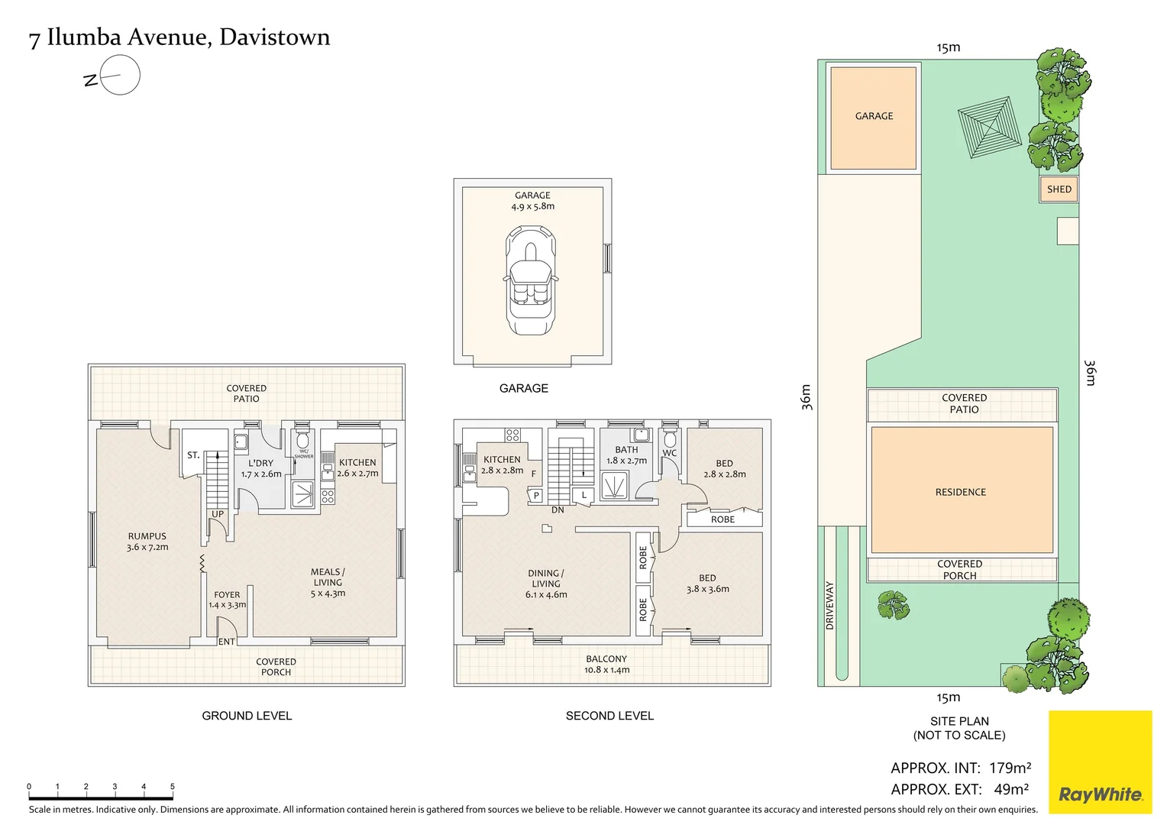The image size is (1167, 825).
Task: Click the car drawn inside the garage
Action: [x=531, y=280]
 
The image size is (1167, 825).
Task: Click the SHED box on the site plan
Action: [x=1059, y=189]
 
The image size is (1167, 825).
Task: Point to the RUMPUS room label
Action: [x=147, y=542]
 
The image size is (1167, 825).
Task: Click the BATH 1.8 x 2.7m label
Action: [x=626, y=455]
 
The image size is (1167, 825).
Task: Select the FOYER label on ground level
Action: [x=227, y=600]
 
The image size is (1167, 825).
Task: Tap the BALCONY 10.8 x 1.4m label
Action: [x=606, y=664]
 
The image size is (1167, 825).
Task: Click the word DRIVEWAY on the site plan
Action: [x=830, y=605]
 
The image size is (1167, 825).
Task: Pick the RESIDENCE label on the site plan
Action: [x=960, y=492]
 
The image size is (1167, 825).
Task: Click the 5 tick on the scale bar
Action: [x=173, y=787]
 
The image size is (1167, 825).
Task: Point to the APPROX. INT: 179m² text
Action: [x=960, y=768]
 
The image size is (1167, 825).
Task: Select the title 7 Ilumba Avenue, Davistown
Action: [x=179, y=37]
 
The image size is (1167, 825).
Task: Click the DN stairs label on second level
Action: [x=558, y=510]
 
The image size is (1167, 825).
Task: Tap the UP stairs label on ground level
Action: [x=218, y=514]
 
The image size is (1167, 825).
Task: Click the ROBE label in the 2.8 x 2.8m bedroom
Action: [x=723, y=519]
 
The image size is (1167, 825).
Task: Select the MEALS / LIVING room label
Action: [x=328, y=582]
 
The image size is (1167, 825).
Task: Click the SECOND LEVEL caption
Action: [x=609, y=716]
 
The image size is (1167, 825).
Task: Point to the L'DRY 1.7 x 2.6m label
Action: [x=261, y=468]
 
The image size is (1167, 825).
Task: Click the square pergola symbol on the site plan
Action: [x=989, y=127]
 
